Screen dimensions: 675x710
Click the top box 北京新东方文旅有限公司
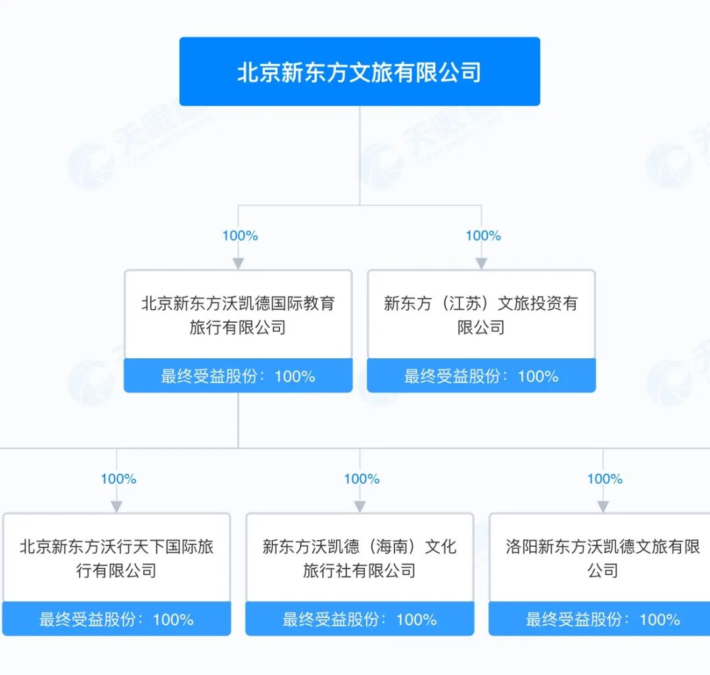coord(360,72)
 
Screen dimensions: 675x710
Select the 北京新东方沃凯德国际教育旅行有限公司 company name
coord(238,315)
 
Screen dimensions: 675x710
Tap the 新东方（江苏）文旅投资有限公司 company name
coord(481,315)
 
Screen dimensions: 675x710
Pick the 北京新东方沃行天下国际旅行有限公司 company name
coord(116,558)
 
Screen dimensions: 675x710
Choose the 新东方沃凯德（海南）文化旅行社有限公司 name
coord(360,558)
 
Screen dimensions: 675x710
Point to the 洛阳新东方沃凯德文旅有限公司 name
coord(602,558)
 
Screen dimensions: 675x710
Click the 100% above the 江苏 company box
coord(483,235)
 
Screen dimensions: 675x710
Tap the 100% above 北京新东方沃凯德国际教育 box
coord(240,235)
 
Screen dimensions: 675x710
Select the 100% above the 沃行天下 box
coord(118,478)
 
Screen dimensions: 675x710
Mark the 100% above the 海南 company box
coord(362,478)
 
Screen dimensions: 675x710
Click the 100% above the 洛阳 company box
coord(605,478)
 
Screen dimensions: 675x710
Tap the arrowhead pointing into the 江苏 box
coord(481,263)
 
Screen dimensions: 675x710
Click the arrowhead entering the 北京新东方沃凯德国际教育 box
coord(238,263)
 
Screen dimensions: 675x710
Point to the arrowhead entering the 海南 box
coord(360,506)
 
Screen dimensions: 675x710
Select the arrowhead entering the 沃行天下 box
coord(116,506)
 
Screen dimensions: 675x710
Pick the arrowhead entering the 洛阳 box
coord(603,506)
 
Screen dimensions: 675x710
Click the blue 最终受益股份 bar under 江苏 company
coord(481,376)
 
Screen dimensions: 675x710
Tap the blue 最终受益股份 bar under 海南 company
coord(360,619)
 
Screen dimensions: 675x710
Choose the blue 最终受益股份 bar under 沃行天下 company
coord(116,619)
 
